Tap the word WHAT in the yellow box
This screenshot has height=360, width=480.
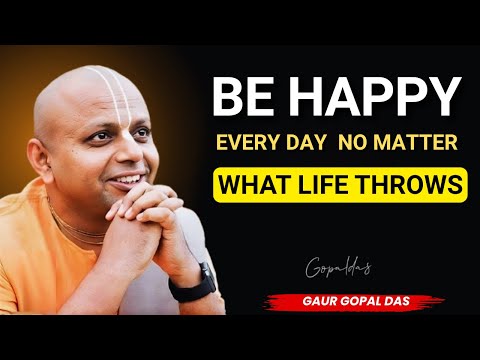(x=258, y=186)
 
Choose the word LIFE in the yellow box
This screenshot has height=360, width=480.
(x=329, y=186)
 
